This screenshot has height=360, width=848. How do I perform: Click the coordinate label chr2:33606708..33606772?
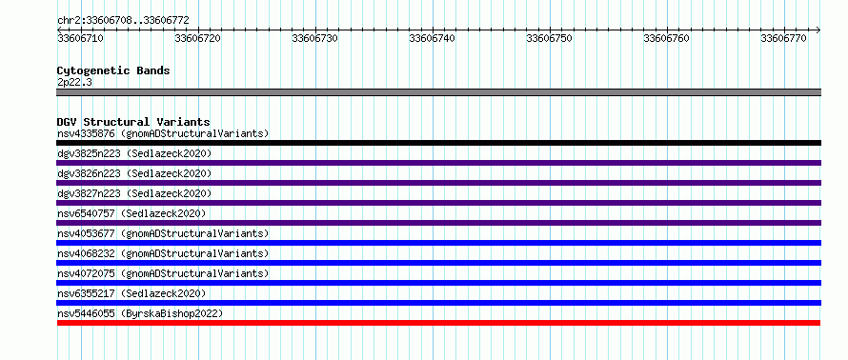123,21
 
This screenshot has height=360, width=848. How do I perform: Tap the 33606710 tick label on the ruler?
81,38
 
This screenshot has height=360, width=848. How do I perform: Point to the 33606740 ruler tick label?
433,38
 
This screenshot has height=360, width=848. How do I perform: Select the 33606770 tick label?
783,38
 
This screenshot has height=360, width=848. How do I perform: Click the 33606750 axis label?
550,38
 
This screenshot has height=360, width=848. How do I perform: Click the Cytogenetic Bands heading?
113,70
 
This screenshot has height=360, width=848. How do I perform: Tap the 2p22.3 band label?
74,83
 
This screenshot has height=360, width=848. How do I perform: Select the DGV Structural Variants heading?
133,122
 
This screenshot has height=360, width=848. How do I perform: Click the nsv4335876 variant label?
86,133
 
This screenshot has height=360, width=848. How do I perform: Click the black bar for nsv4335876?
438,143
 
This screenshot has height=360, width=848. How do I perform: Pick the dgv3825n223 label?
89,153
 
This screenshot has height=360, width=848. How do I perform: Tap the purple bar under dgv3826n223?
438,183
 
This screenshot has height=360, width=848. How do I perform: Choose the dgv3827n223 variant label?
89,193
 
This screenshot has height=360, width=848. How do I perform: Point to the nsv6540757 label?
86,213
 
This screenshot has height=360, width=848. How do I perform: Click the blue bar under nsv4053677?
438,243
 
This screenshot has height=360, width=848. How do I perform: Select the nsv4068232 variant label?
86,253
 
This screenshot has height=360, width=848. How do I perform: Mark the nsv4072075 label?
86,273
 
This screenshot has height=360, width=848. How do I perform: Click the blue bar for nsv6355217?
438,303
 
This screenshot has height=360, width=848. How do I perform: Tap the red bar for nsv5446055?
438,323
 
